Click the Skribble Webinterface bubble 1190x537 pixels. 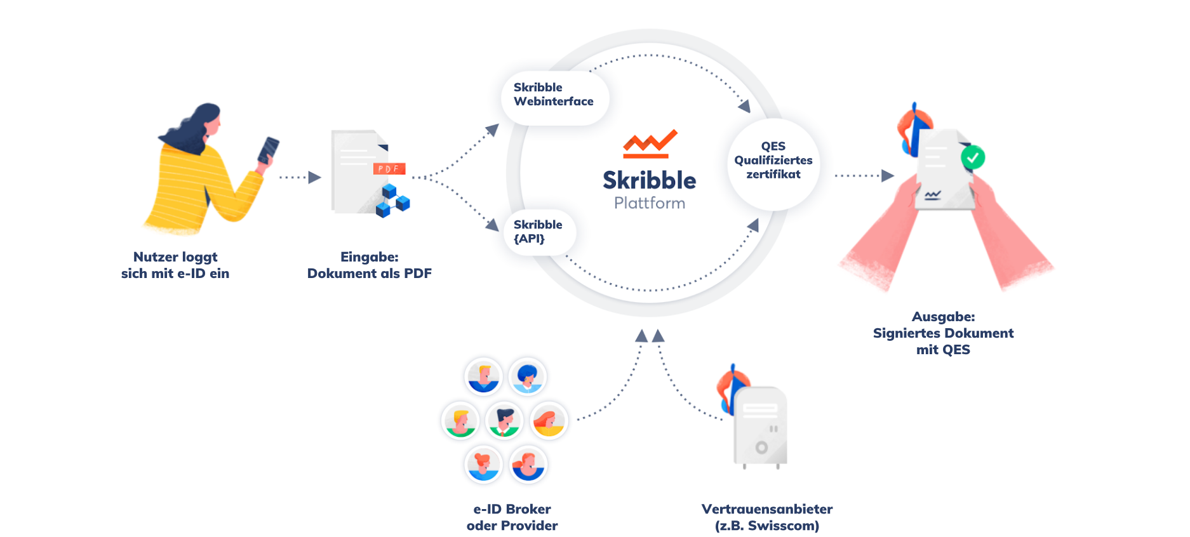click(554, 95)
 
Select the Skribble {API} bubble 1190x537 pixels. click(538, 232)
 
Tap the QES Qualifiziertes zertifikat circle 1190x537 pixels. click(773, 161)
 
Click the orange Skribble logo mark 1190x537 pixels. click(650, 143)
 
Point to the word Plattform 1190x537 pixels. click(650, 203)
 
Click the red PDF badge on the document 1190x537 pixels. click(389, 169)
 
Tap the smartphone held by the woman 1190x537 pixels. click(268, 150)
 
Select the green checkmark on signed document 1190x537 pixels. click(972, 157)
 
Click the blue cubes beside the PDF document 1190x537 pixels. click(392, 201)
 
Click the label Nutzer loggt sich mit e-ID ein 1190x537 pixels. click(175, 265)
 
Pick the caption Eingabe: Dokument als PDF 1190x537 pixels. click(369, 265)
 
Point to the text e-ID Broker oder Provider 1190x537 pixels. click(512, 517)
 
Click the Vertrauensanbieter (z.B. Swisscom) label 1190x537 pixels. click(766, 517)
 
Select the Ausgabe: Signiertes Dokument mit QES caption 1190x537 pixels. click(943, 333)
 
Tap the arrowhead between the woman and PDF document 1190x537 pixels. click(314, 178)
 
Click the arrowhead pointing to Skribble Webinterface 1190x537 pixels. click(492, 130)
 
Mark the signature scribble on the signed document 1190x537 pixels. click(933, 195)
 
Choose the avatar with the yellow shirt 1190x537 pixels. click(549, 420)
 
